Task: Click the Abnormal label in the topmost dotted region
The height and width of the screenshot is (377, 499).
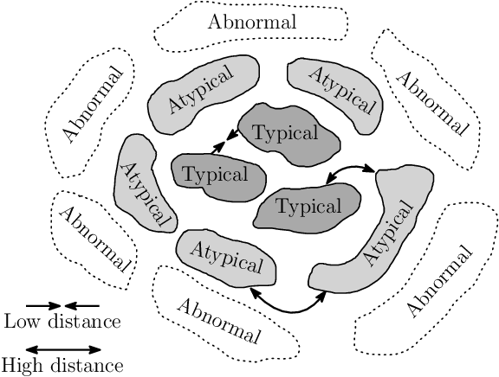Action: point(252,21)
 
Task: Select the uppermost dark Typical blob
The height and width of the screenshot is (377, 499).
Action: point(285,134)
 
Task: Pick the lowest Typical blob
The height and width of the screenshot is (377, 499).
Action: point(308,207)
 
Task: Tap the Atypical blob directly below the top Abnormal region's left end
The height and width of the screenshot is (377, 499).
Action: point(200,96)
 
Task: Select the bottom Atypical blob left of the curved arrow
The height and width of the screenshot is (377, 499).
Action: point(225,258)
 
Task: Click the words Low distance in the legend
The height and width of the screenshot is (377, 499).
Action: point(62,323)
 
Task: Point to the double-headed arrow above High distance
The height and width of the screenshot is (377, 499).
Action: point(62,348)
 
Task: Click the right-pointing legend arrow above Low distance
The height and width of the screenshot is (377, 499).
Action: point(43,305)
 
